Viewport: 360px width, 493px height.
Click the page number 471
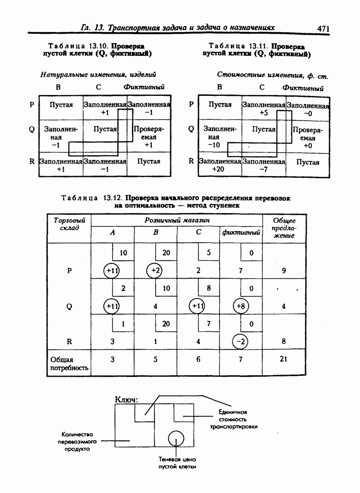coord(324,28)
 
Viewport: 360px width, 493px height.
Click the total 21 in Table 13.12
coord(283,359)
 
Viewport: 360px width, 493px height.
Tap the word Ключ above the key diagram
coord(126,399)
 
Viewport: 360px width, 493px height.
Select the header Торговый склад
coord(69,224)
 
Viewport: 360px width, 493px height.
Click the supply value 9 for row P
coord(283,271)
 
